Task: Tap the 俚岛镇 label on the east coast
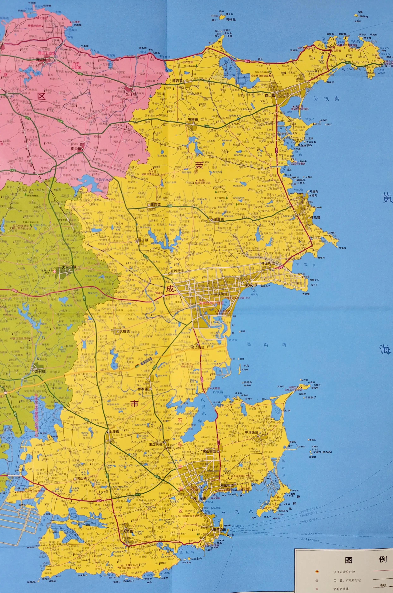[315, 218]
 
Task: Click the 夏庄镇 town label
[219, 219]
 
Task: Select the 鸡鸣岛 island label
[231, 19]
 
